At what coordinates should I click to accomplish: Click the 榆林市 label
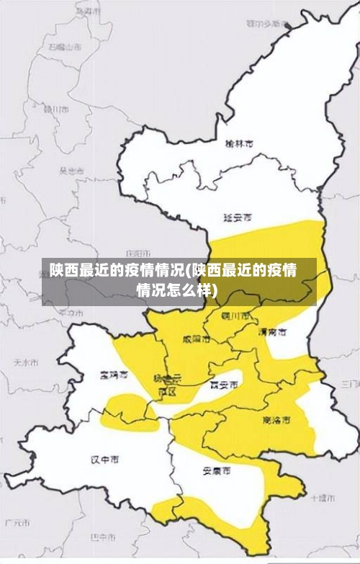point(239,143)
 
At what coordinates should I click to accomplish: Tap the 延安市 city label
point(238,216)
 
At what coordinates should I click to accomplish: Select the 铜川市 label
point(237,315)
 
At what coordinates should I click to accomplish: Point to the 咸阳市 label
point(197,338)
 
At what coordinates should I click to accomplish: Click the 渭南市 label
point(273,332)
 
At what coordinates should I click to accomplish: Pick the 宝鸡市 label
point(114,375)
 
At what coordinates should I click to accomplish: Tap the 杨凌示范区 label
point(167,383)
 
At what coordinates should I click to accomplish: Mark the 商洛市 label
point(276,418)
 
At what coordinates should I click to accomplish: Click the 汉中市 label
point(105,459)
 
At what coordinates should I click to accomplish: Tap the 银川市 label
point(55,109)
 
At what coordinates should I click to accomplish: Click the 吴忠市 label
point(71,171)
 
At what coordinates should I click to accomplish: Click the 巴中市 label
point(103,537)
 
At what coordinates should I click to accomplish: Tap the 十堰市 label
point(322,497)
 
